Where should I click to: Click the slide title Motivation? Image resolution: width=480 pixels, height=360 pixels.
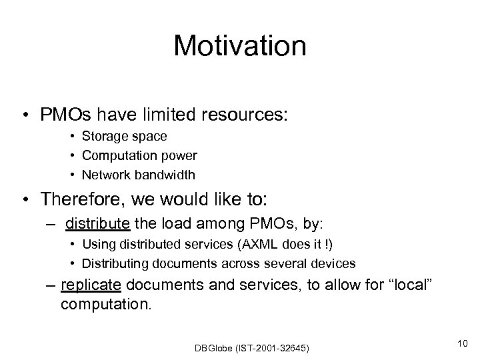tap(239, 47)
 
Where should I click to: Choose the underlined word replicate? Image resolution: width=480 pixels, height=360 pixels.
tap(91, 286)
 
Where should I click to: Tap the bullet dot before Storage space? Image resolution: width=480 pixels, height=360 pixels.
tap(71, 137)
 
